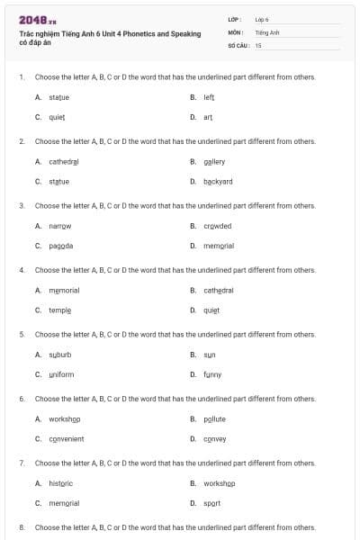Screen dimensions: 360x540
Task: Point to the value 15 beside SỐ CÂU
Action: [258, 44]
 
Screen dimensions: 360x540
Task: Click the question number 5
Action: [22, 334]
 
